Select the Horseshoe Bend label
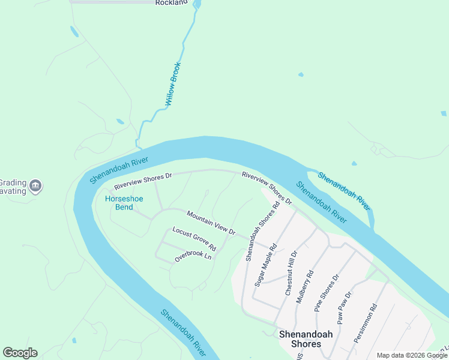[x=119, y=203]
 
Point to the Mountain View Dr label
[x=211, y=223]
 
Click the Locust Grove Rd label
[x=194, y=239]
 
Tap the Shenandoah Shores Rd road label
[x=263, y=231]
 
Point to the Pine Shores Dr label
[x=327, y=293]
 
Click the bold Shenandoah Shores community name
[x=300, y=339]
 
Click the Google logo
[x=20, y=353]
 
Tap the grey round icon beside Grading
[x=35, y=186]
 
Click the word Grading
[x=11, y=182]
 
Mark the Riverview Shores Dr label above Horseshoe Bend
[x=143, y=181]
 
